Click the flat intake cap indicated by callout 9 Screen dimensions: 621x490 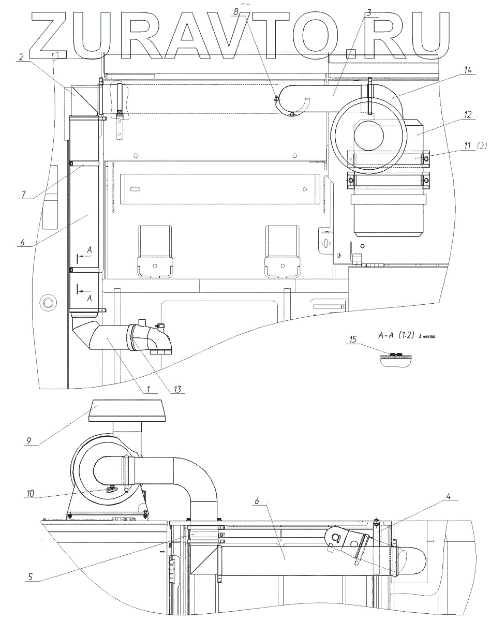pyautogui.click(x=127, y=410)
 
